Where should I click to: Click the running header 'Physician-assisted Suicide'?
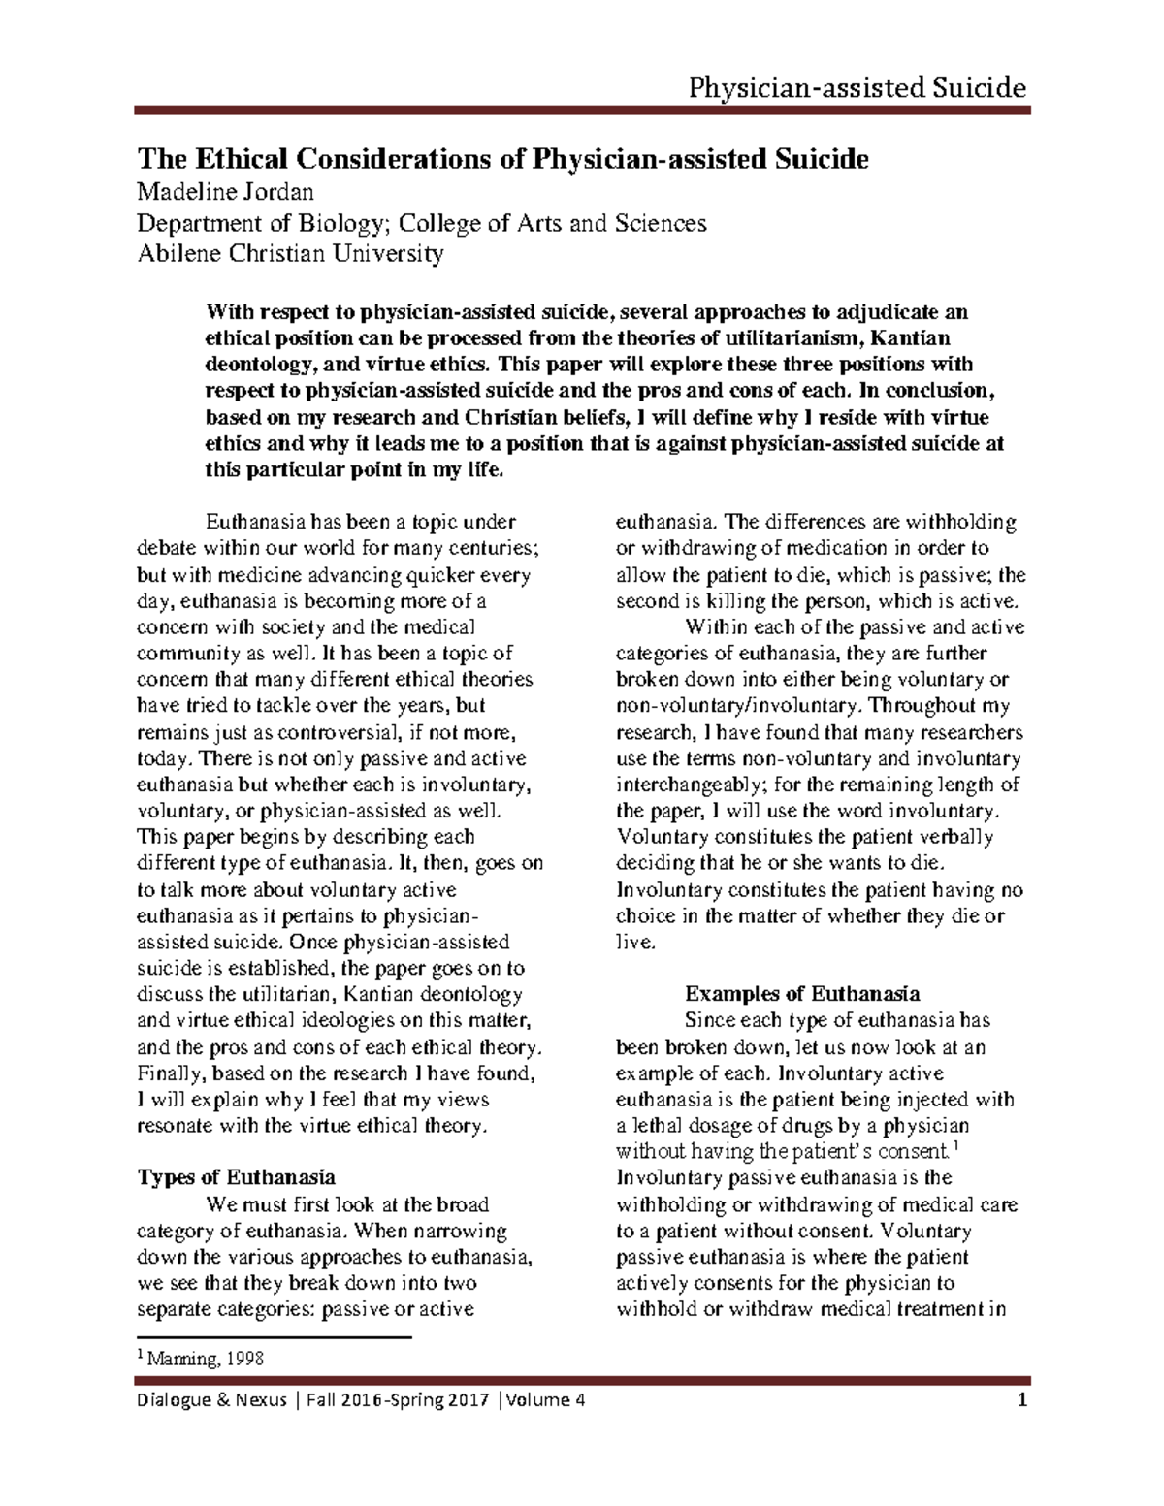pos(857,89)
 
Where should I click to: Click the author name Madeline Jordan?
pos(225,192)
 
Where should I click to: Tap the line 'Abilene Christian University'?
pos(290,254)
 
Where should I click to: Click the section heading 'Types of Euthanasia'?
pos(237,1177)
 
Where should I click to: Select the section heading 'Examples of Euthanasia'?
pos(802,994)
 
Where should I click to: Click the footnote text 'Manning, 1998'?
pos(207,1360)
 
